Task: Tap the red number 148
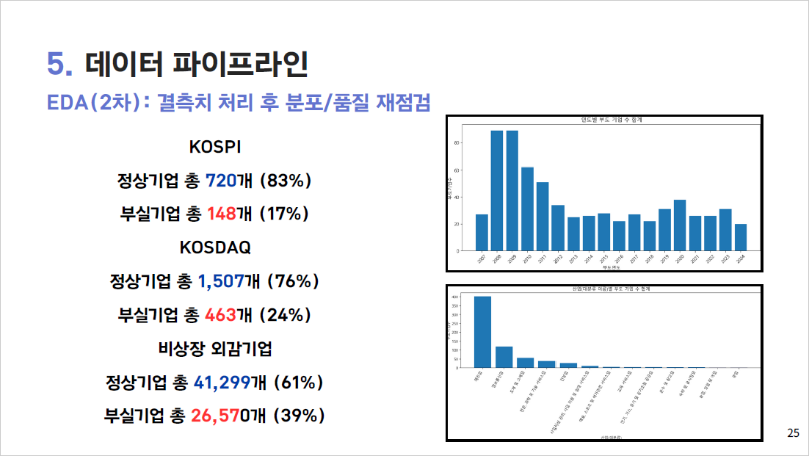[x=222, y=214]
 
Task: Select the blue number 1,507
[x=225, y=281]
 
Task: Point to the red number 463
[x=221, y=315]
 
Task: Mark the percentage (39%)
[x=299, y=416]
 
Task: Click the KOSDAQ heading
[x=215, y=247]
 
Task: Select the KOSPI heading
[x=215, y=147]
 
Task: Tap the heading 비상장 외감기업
[x=214, y=349]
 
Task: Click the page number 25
[x=793, y=433]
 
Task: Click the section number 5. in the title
[x=59, y=65]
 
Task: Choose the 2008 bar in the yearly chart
[x=497, y=190]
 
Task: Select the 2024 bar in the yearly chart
[x=741, y=237]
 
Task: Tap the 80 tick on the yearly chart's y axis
[x=457, y=143]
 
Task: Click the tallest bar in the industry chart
[x=482, y=331]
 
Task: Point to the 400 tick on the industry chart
[x=456, y=297]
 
